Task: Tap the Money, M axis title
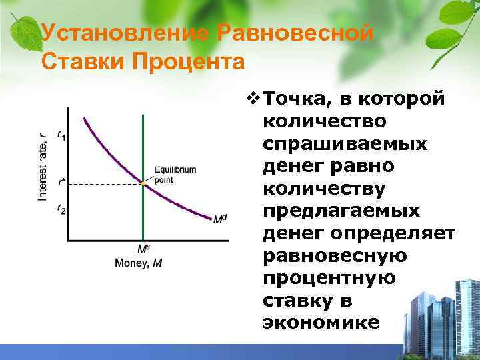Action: click(139, 263)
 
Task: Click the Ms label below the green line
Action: click(143, 249)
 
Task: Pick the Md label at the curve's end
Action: click(219, 218)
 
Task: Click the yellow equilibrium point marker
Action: click(143, 182)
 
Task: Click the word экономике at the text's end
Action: click(321, 323)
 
